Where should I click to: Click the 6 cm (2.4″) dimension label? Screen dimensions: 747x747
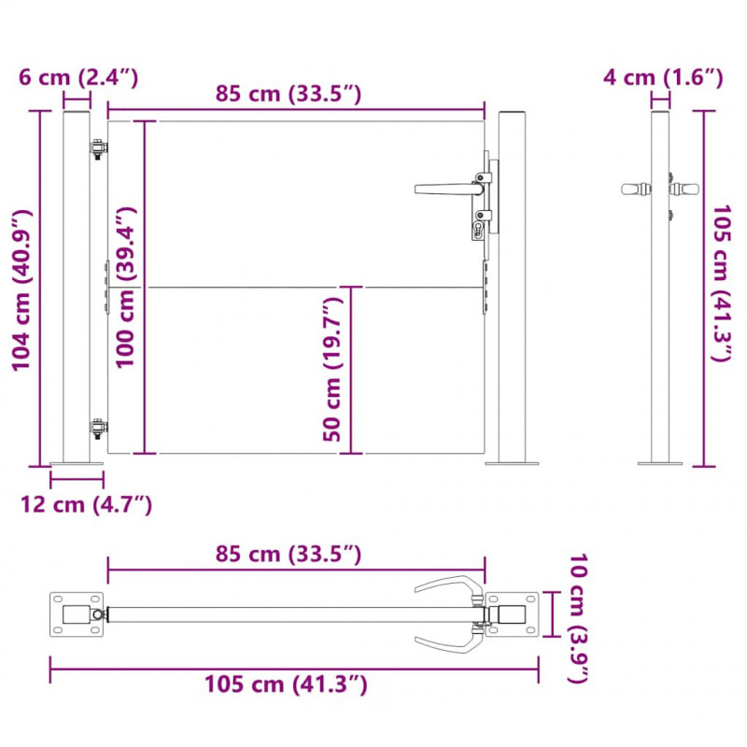point(78,78)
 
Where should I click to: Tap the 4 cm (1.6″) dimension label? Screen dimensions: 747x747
point(663,78)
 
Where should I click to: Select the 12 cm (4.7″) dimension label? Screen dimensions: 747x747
point(86,504)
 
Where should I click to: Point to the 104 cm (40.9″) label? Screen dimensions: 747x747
point(21,290)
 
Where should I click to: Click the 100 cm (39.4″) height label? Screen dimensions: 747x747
point(126,288)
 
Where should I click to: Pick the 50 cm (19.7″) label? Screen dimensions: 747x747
point(332,369)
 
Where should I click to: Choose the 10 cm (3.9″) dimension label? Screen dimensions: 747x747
point(579,618)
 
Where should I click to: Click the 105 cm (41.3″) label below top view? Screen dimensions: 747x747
point(286,684)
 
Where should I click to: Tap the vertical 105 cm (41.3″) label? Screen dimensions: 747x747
point(721,284)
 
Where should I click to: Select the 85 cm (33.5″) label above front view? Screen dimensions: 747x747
point(289,93)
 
